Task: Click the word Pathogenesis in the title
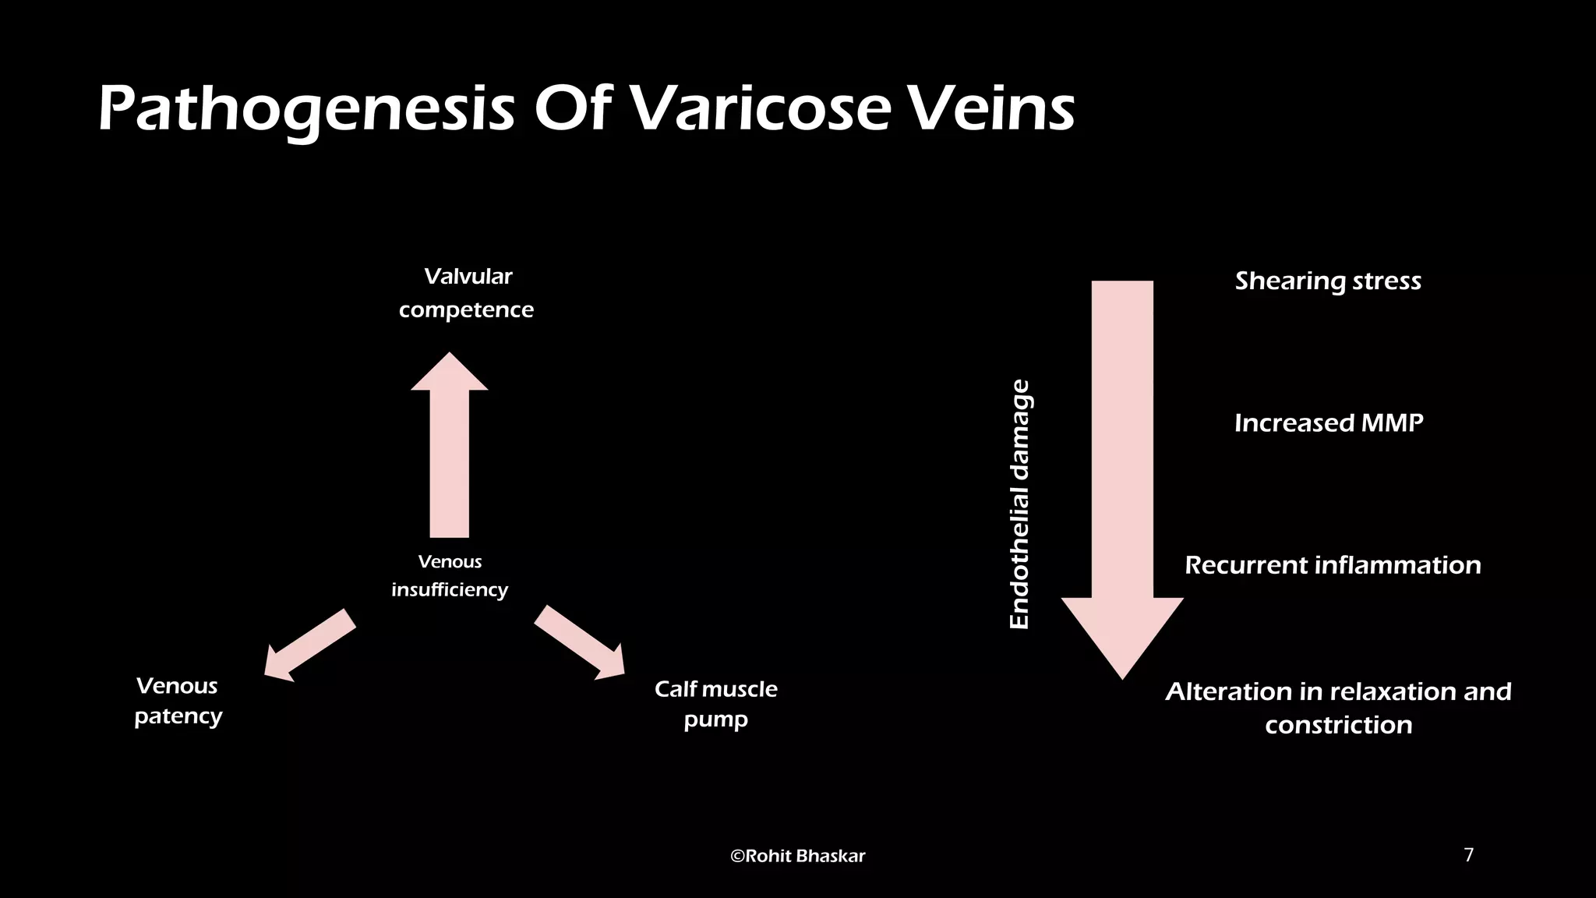tap(305, 109)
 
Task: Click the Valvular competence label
tap(467, 293)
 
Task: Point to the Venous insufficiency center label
tap(450, 575)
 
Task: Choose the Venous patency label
tap(178, 701)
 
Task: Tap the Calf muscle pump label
tap(715, 704)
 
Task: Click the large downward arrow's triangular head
tap(1122, 631)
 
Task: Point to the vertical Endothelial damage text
tap(1019, 504)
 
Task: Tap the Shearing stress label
tap(1328, 281)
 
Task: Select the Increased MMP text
tap(1329, 422)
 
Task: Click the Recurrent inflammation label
tap(1333, 565)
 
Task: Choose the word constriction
tap(1338, 725)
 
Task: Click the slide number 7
tap(1469, 855)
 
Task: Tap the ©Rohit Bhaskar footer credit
tap(797, 856)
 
